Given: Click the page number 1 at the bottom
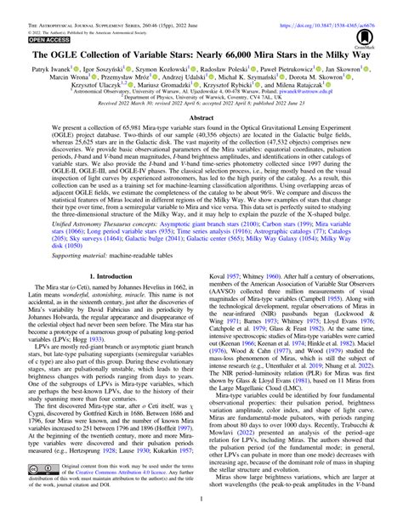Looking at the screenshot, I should (x=201, y=512).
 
